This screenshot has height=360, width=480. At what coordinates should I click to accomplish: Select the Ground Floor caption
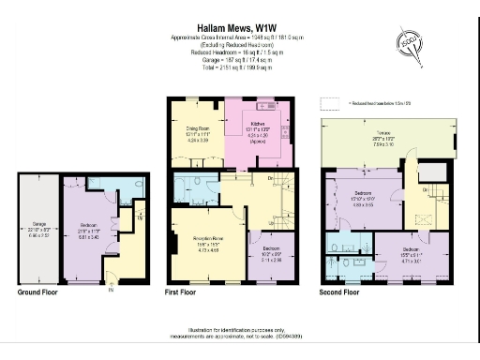pyautogui.click(x=39, y=292)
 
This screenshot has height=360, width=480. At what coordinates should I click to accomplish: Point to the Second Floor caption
pyautogui.click(x=338, y=292)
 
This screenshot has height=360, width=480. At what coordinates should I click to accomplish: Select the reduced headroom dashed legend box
pyautogui.click(x=329, y=102)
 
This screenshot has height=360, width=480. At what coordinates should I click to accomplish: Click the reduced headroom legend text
pyautogui.click(x=380, y=103)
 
